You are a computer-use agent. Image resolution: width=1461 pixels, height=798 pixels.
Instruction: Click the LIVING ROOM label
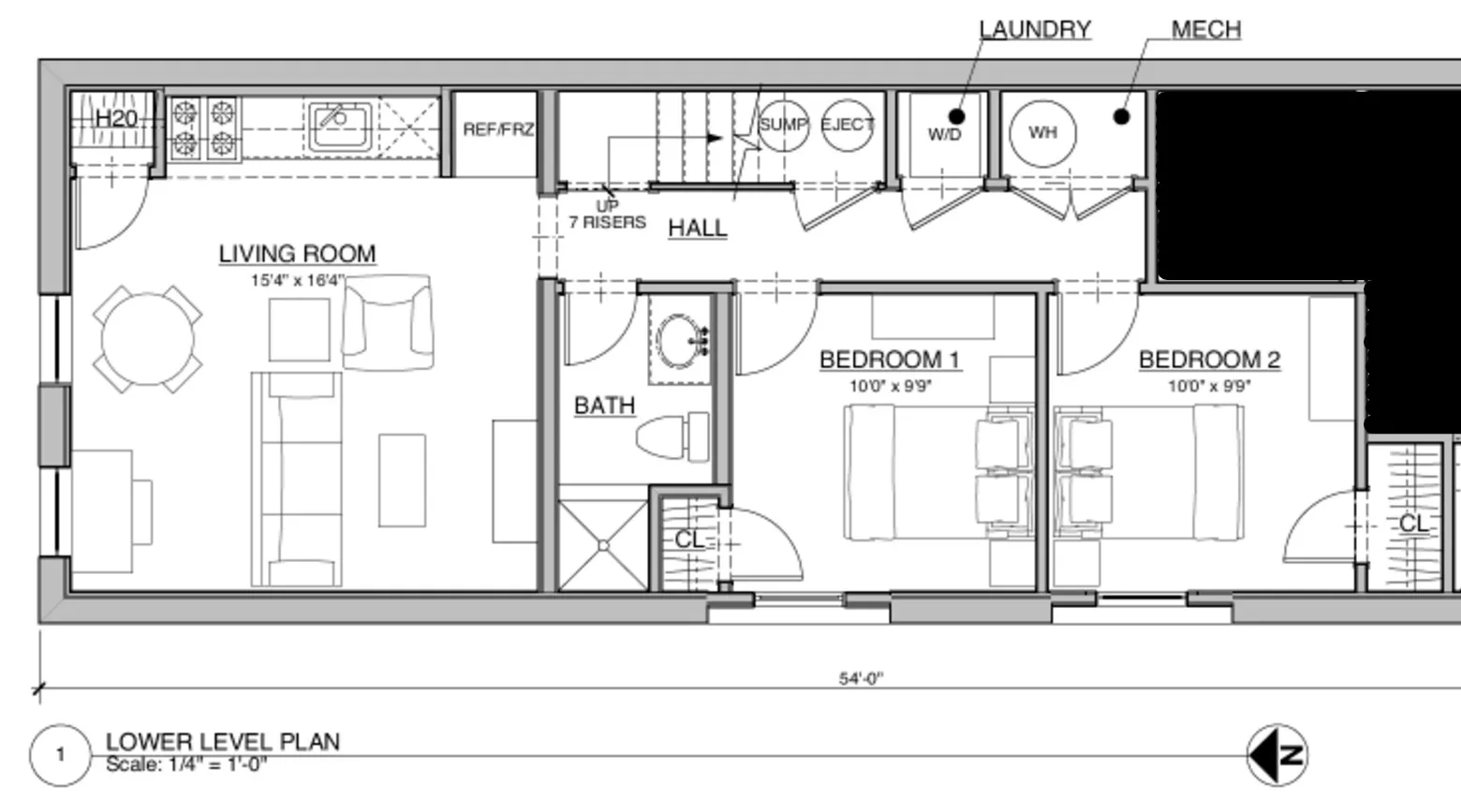click(x=297, y=254)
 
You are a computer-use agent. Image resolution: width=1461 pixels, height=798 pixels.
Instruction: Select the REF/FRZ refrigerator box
click(x=497, y=130)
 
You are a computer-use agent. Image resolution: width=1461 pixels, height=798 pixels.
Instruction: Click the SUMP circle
click(x=782, y=125)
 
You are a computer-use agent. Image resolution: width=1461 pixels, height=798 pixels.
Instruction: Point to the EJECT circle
click(x=847, y=125)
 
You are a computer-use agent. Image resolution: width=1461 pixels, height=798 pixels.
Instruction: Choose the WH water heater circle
click(x=1042, y=133)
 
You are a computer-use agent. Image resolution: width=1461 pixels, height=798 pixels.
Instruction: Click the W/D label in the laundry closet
click(x=944, y=135)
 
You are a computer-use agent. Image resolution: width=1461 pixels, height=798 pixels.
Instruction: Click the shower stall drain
click(x=603, y=545)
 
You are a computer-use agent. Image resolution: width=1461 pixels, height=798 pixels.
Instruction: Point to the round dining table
click(x=148, y=339)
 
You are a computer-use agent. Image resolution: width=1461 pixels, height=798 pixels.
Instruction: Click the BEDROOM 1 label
click(x=890, y=360)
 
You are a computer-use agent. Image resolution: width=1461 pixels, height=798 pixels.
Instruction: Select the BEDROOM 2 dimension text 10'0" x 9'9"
click(x=1209, y=386)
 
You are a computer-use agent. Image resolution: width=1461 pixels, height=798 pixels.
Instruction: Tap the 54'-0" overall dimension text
click(x=861, y=678)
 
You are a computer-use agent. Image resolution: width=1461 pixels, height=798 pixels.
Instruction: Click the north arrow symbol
click(x=1277, y=754)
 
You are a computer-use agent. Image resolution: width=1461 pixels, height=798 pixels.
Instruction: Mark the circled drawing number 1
click(x=61, y=755)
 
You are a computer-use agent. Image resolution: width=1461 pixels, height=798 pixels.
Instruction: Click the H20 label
click(x=116, y=119)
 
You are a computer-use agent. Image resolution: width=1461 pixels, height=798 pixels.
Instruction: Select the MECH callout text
click(x=1206, y=30)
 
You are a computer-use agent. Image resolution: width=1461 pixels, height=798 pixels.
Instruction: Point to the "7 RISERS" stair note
click(x=607, y=223)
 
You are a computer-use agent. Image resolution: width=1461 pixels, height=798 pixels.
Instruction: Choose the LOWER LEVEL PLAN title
click(x=223, y=741)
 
